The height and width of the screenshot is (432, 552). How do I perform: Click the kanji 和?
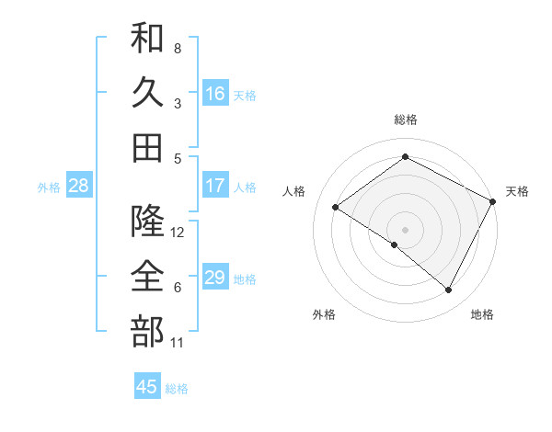point(147,38)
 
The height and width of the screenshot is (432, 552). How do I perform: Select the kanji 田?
point(147,147)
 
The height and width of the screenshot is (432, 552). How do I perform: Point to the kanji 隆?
point(147,222)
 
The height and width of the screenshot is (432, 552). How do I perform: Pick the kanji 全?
point(147,277)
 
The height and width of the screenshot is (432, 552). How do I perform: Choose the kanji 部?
point(147,332)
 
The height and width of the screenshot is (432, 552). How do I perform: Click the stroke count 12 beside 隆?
point(178,233)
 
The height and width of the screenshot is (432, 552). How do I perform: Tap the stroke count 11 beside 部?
point(178,343)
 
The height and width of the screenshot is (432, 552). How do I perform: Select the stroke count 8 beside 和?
point(177,48)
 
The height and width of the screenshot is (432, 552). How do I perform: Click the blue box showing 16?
point(215,94)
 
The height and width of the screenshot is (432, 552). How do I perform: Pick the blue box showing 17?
point(215,186)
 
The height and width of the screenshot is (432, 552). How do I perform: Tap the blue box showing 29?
point(215,278)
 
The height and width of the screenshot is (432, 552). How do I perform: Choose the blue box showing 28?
point(79,187)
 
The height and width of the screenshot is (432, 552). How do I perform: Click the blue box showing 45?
point(147,387)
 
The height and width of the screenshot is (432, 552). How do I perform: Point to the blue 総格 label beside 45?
point(177,389)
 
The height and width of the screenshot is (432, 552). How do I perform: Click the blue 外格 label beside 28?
point(49,188)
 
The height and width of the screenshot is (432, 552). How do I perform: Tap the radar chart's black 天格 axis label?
point(518,191)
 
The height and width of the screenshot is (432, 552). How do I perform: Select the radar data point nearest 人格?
point(336,208)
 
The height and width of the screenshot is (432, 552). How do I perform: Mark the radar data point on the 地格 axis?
point(449,290)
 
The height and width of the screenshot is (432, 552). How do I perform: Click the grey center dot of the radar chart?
point(405,229)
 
